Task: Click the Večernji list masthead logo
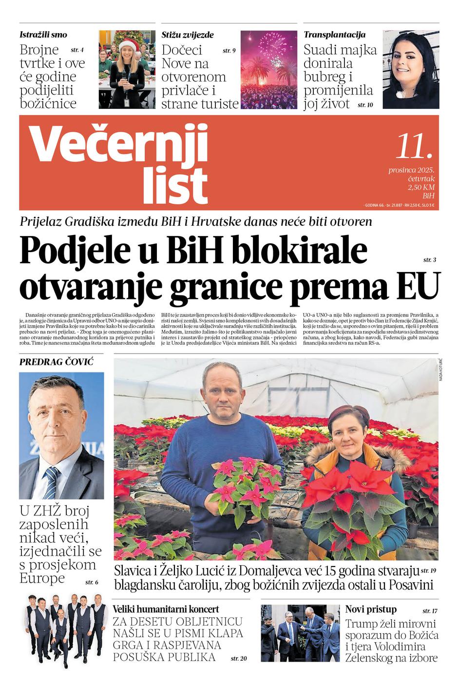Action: tap(119, 163)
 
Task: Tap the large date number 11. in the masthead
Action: tap(414, 146)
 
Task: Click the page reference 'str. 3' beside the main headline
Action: tap(429, 260)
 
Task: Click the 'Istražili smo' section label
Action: tap(43, 35)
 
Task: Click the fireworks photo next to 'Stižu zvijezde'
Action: tap(268, 69)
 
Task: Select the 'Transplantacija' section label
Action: tap(334, 35)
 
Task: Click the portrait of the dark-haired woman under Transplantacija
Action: tap(411, 69)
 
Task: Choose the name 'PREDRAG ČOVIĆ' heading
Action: tap(56, 362)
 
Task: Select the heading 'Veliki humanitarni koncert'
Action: tap(166, 609)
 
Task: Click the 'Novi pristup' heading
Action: tap(371, 609)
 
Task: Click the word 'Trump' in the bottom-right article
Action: tap(362, 624)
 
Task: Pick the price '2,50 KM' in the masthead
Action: tap(421, 187)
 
